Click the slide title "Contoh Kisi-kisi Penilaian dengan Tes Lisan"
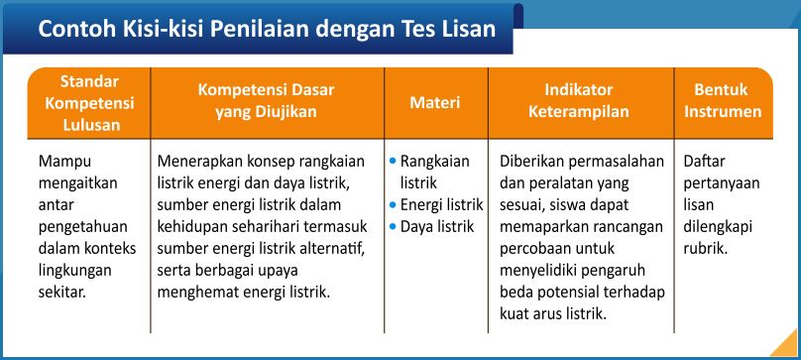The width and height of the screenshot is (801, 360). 267,29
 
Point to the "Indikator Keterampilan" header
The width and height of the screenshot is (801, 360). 578,101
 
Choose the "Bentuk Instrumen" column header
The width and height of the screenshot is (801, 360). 722,101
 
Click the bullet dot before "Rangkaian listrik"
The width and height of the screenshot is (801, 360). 393,160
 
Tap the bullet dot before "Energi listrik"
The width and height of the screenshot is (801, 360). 393,205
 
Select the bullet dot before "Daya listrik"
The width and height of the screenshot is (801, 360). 393,227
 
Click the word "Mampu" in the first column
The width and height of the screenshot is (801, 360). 61,161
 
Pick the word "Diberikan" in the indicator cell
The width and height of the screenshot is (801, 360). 533,161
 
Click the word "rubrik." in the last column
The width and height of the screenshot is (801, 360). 706,249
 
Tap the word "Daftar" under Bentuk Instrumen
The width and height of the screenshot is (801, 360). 705,161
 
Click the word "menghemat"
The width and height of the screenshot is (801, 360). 196,293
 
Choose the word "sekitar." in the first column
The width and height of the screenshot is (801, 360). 62,293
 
